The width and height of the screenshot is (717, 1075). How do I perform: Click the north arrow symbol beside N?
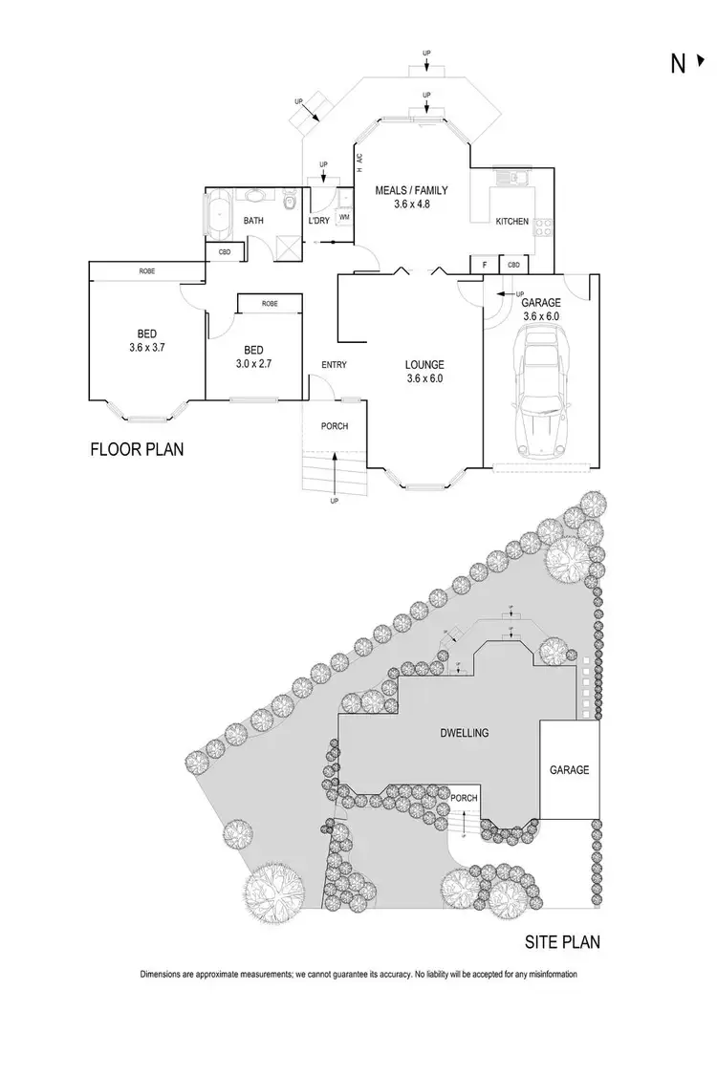(x=701, y=63)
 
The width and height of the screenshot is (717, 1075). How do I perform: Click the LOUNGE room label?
(x=424, y=364)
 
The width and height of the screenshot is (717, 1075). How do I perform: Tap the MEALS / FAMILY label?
(x=411, y=190)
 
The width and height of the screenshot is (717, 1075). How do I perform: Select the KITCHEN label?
(x=511, y=222)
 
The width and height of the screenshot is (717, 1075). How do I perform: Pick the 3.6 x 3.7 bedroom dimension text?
(x=148, y=348)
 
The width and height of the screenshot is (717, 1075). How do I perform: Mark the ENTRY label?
(x=335, y=364)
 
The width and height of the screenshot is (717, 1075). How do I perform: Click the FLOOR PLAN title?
(x=137, y=448)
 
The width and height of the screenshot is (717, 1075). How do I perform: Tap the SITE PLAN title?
(x=562, y=942)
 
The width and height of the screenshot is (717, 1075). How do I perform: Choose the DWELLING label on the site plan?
(x=464, y=733)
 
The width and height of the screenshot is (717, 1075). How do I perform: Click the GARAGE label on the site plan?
(x=569, y=769)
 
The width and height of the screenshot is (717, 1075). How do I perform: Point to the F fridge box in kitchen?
(x=485, y=265)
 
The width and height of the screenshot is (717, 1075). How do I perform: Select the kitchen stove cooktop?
(x=543, y=226)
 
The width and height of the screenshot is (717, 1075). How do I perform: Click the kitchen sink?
(x=507, y=178)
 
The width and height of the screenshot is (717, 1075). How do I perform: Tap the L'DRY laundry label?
(x=318, y=222)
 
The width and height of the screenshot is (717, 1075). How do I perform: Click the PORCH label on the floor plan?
(x=334, y=426)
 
